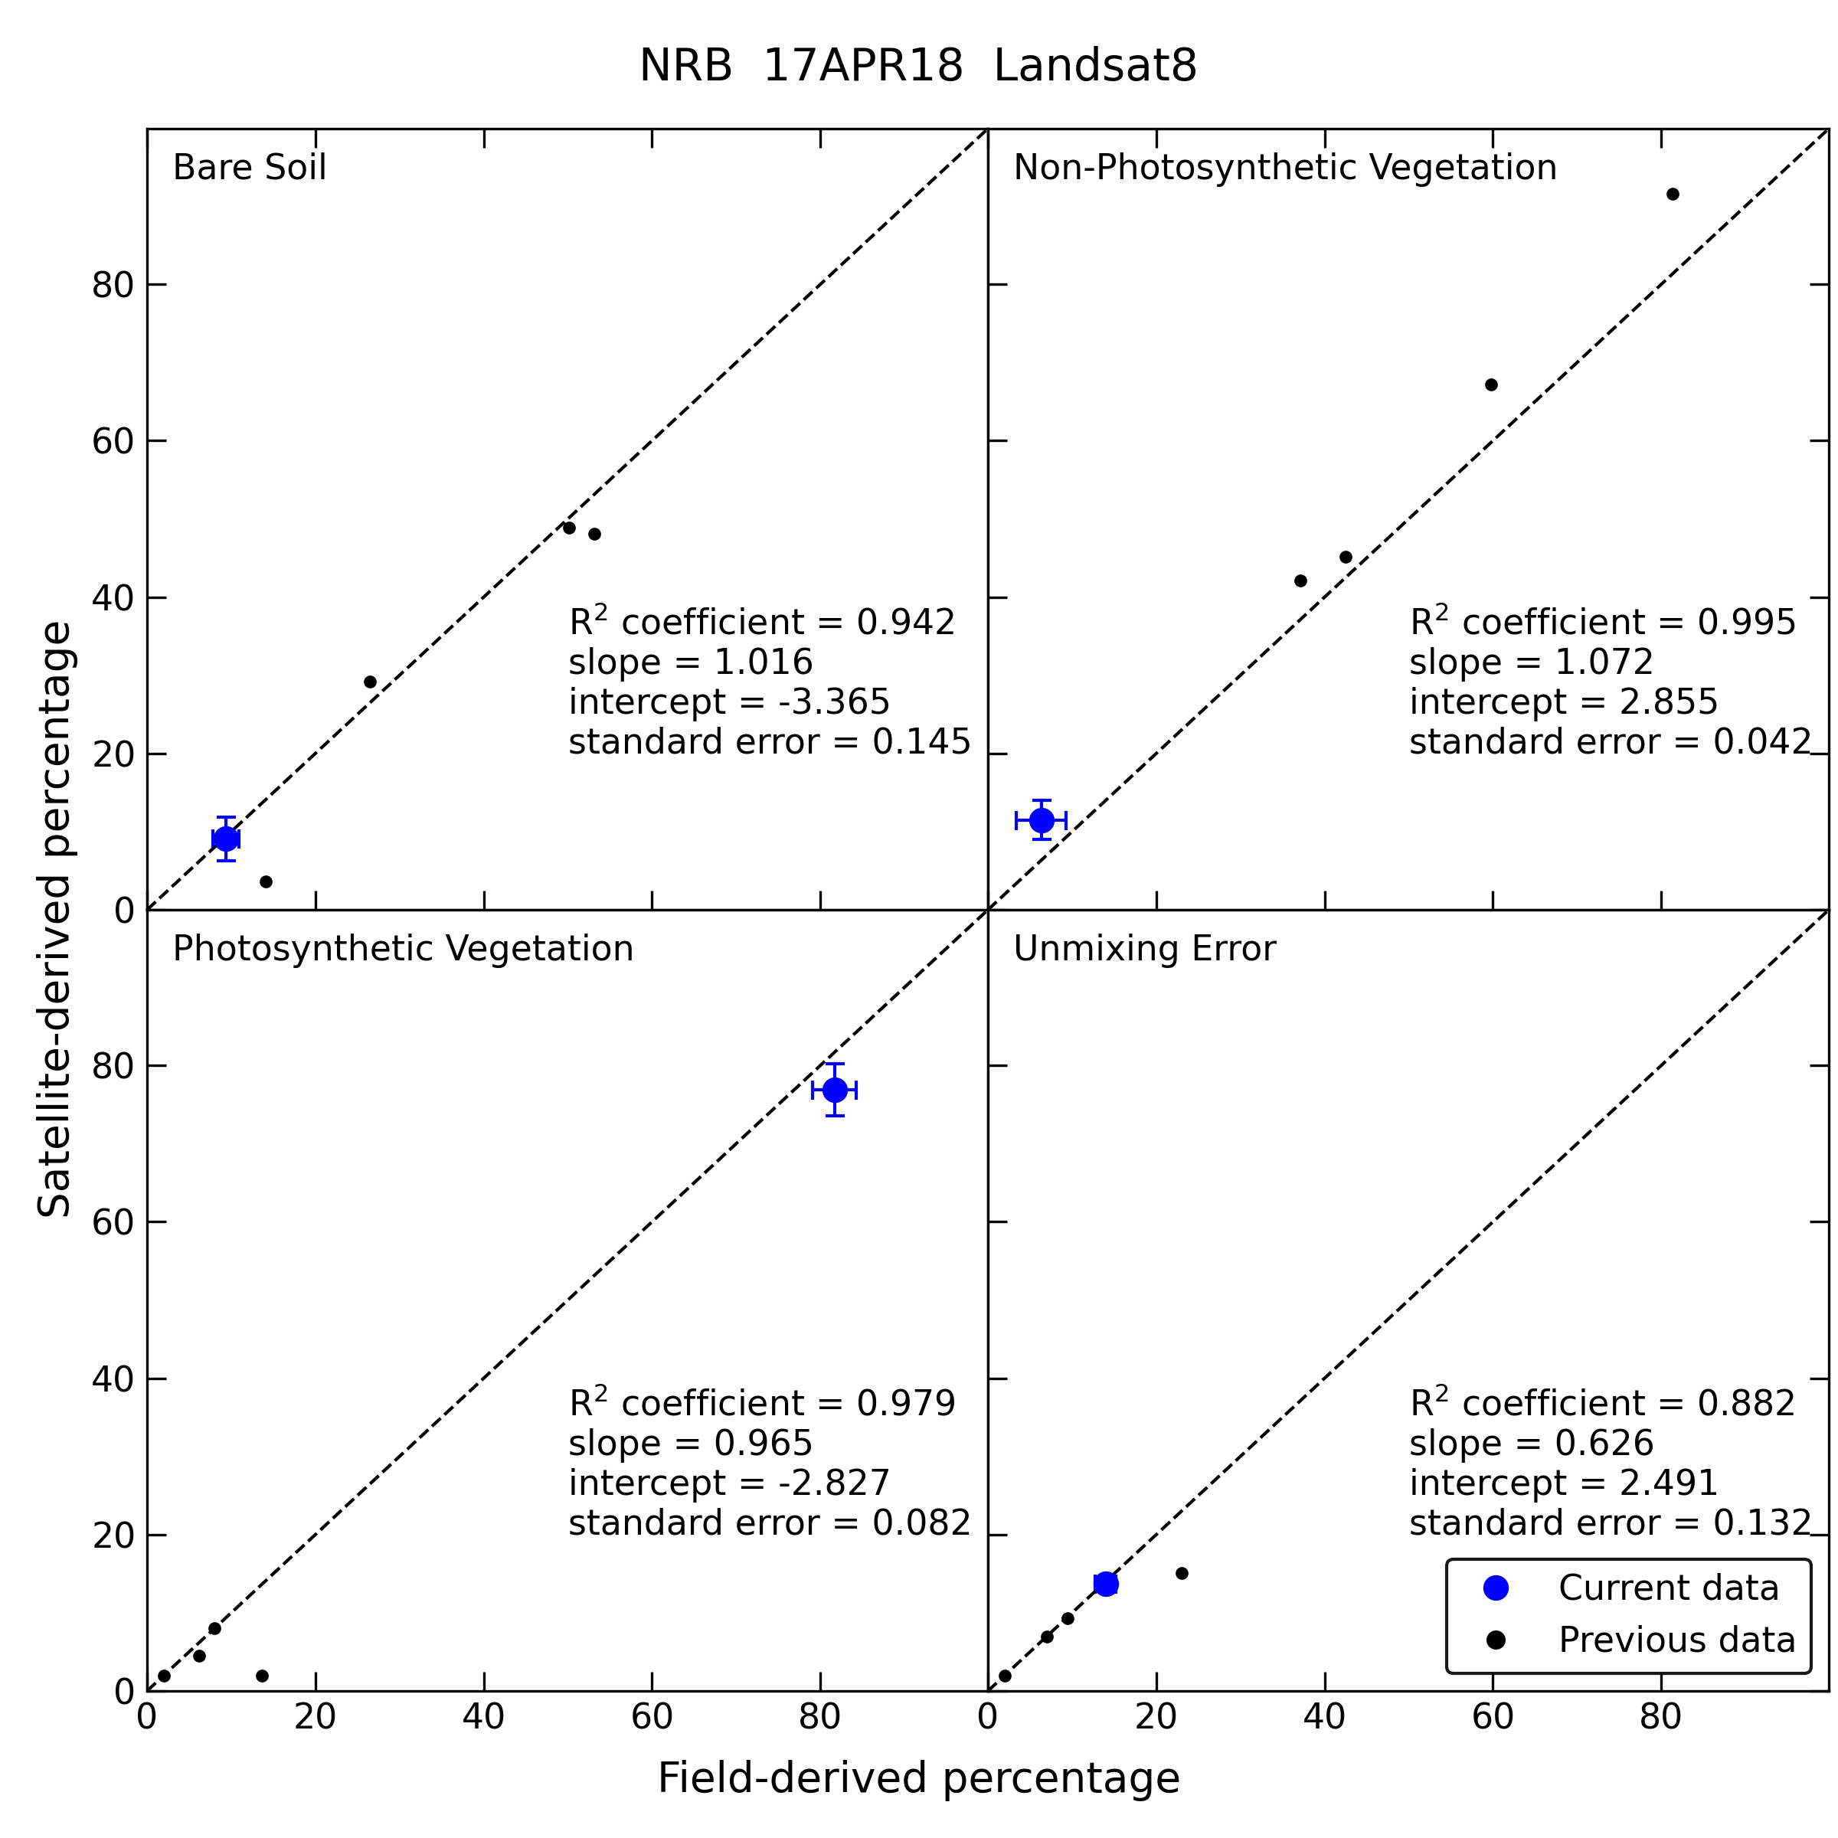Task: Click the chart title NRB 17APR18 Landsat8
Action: [x=918, y=67]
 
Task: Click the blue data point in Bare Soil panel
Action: [x=225, y=838]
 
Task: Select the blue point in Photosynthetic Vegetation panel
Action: [x=834, y=1089]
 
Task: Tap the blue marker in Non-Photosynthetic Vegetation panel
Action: [x=1042, y=819]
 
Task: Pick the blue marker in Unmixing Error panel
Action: [x=1105, y=1584]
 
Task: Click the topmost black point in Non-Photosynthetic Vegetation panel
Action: [x=1673, y=194]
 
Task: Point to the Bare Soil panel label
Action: [x=249, y=168]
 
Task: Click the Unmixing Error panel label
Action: [x=1143, y=949]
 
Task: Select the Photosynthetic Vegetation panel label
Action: [x=402, y=949]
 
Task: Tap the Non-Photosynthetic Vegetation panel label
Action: [x=1284, y=168]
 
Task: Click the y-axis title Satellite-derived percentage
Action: [x=54, y=919]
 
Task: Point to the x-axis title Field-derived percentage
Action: [x=918, y=1778]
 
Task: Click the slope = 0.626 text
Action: [x=1532, y=1443]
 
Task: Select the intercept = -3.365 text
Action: [x=729, y=702]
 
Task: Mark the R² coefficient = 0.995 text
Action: [x=1602, y=621]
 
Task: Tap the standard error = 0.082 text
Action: [x=770, y=1522]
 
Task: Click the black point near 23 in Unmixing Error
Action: [x=1182, y=1574]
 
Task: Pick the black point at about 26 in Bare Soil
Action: [x=370, y=682]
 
